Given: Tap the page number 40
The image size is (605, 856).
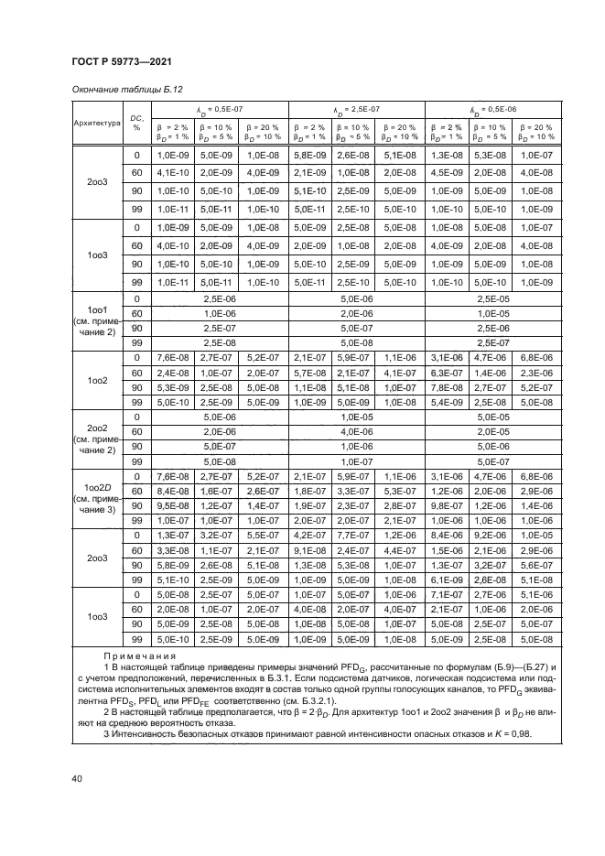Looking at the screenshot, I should tap(77, 779).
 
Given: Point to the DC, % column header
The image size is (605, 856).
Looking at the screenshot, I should tap(137, 122).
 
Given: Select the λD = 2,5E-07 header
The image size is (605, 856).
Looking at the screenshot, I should tap(355, 108).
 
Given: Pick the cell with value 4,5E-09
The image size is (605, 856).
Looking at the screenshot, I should tap(448, 172).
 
